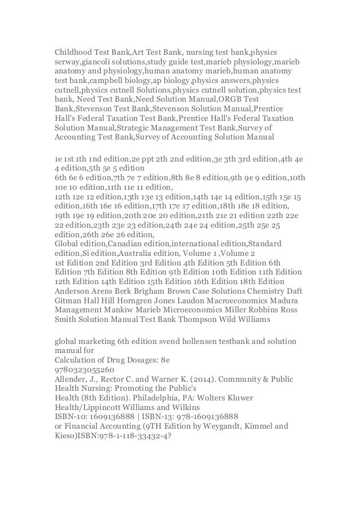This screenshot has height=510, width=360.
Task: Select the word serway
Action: pos(68,62)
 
